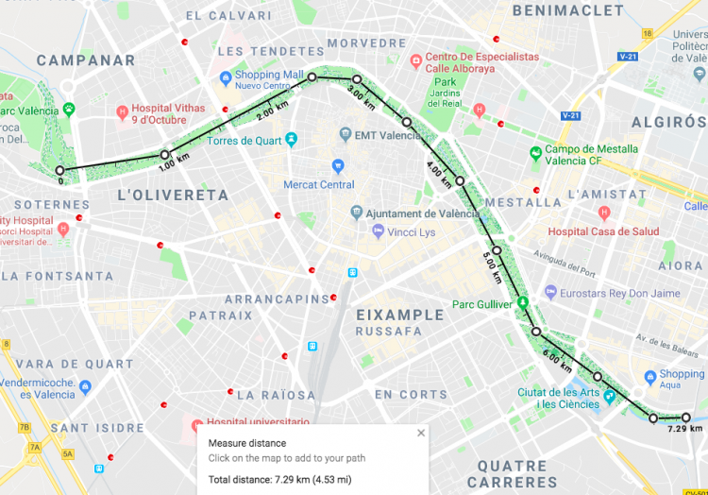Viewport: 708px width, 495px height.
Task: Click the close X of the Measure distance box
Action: (421, 433)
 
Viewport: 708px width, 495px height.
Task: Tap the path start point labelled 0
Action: (60, 170)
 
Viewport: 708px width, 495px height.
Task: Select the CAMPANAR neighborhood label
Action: (86, 60)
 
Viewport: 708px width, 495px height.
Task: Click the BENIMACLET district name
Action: (567, 10)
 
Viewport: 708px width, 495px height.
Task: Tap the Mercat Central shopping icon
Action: (338, 166)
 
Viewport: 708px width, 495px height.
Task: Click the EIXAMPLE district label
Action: (399, 315)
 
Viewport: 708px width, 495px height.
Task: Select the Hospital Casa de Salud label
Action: (603, 231)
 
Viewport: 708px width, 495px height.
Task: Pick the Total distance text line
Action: (279, 479)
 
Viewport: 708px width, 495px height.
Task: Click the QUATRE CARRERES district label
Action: (512, 473)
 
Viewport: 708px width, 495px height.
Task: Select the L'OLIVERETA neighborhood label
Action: (173, 195)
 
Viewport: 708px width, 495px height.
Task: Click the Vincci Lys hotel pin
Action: (378, 231)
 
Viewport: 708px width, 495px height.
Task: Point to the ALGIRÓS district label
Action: (667, 123)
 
